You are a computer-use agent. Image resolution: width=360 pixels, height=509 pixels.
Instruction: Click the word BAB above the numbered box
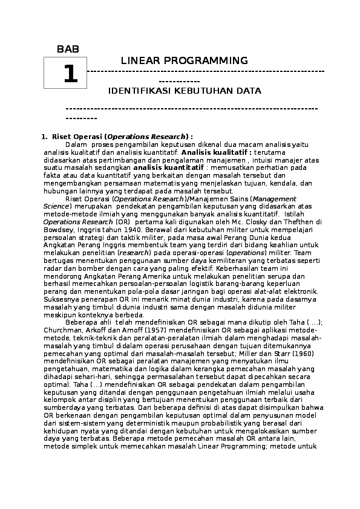[x=68, y=49]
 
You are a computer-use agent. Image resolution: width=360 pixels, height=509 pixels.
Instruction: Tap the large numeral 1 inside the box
[x=70, y=74]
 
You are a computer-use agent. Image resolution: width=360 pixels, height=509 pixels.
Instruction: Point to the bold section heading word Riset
[x=62, y=137]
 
